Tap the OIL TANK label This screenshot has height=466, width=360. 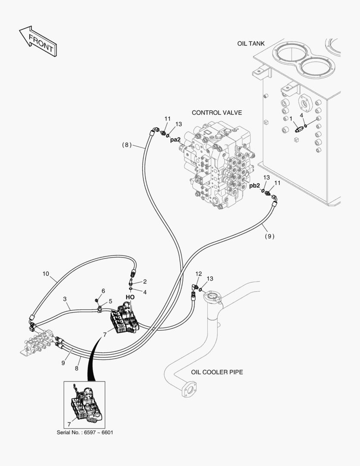pos(250,44)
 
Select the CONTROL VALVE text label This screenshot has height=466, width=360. pos(216,113)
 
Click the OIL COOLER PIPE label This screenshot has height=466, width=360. pos(217,372)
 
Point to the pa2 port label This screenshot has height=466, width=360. pos(175,139)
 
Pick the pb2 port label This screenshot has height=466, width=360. pos(255,186)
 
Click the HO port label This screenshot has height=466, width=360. pos(130,297)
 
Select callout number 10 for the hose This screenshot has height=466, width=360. pos(46,273)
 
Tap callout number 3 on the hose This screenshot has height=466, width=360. pos(65,299)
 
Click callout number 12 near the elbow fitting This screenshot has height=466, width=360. pos(198,274)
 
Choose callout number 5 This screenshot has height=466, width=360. pos(110,301)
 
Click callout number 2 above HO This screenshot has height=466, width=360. pos(145,281)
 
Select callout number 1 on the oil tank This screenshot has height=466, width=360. pos(291,118)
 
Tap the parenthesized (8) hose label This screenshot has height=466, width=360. pos(126,145)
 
